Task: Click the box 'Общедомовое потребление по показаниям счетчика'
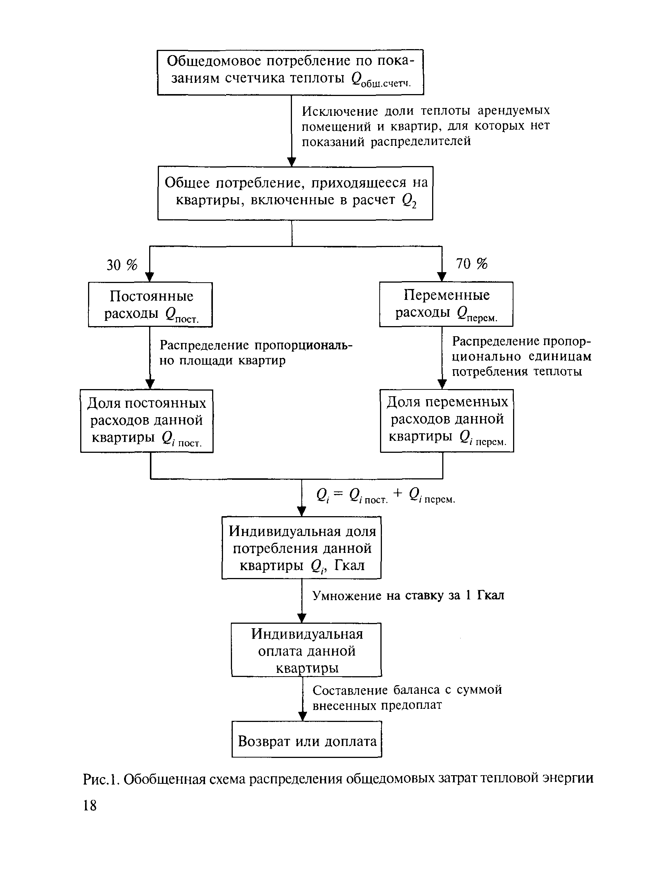point(290,72)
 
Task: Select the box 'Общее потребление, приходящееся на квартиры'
point(295,193)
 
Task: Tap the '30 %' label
point(122,265)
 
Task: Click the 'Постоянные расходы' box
point(150,305)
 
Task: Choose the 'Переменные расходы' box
point(446,304)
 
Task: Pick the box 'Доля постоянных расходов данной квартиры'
point(147,421)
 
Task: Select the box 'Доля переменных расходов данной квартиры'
point(447,420)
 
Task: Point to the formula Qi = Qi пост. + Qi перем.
point(385,496)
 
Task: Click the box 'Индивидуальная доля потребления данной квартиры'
point(301,548)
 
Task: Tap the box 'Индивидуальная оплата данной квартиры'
point(307,650)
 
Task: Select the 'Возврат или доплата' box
point(307,741)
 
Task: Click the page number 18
point(90,806)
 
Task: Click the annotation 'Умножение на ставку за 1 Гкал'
point(408,595)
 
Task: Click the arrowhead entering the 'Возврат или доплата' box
point(303,716)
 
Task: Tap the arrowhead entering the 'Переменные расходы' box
point(442,277)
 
